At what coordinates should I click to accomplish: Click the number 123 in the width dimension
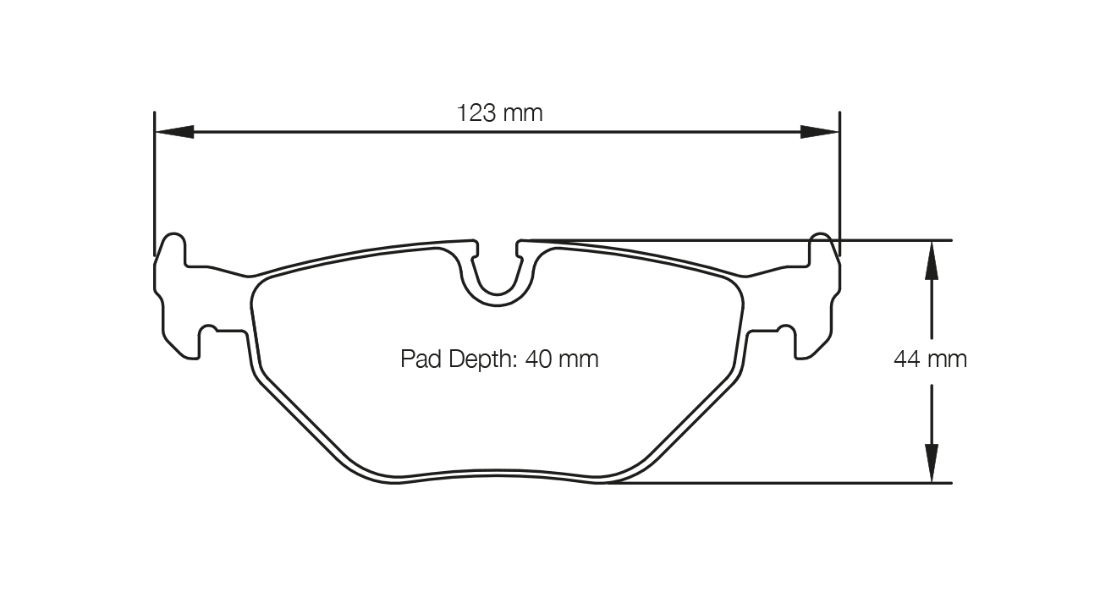(476, 112)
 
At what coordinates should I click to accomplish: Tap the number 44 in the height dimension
(907, 359)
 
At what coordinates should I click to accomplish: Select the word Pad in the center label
(416, 359)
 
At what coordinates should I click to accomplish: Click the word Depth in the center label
(478, 359)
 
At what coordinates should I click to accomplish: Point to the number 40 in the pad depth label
(538, 359)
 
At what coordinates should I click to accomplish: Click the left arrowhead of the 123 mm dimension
(174, 132)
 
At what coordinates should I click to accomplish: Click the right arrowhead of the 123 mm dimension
(820, 132)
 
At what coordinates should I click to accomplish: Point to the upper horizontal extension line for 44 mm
(762, 240)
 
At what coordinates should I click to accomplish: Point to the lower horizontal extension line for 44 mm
(804, 483)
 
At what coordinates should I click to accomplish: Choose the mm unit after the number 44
(948, 359)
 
